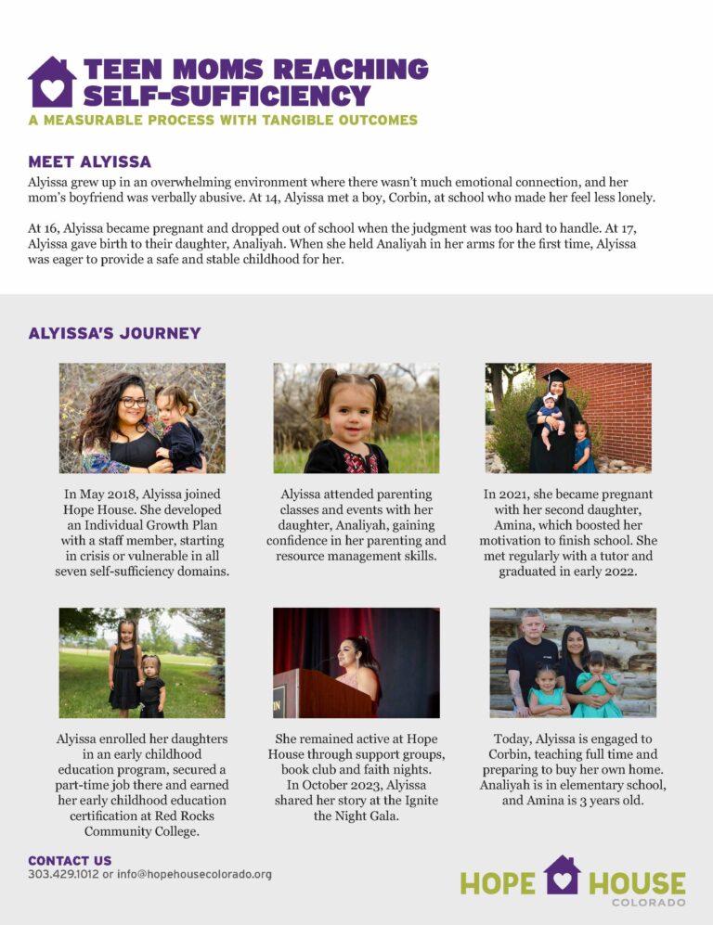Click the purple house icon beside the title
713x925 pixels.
click(51, 83)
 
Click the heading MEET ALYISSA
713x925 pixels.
click(89, 162)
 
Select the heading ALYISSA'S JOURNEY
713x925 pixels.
click(114, 333)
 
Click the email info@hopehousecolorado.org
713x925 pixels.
click(194, 874)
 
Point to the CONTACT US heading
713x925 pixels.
click(70, 860)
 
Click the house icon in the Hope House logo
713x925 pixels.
click(562, 875)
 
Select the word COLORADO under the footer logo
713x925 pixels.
click(649, 902)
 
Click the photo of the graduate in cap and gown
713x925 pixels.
click(568, 418)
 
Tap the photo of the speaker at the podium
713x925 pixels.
click(356, 662)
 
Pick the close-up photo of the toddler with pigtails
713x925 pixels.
click(356, 418)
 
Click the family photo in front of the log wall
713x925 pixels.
click(573, 662)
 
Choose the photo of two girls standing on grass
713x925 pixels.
click(141, 662)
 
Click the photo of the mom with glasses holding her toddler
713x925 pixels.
click(142, 418)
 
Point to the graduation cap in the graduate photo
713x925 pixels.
click(557, 375)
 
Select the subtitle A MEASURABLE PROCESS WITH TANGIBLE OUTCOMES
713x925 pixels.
click(223, 120)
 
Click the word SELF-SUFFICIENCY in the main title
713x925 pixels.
click(227, 95)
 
